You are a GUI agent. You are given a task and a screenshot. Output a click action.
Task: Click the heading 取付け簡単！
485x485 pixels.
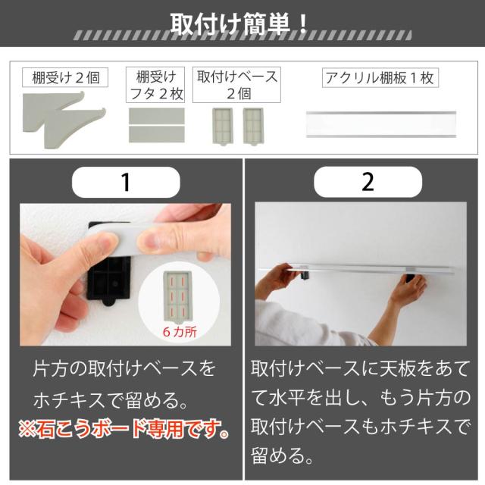click(x=239, y=23)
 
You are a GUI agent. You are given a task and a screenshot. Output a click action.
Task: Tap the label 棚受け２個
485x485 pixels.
click(x=65, y=77)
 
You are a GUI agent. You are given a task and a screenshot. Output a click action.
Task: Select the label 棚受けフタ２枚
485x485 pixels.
click(x=155, y=85)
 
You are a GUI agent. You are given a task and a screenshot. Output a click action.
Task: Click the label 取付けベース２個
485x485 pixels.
click(x=237, y=85)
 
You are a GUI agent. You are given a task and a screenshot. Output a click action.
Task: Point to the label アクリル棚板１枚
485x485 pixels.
click(x=380, y=77)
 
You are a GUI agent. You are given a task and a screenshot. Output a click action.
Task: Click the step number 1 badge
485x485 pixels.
click(x=126, y=182)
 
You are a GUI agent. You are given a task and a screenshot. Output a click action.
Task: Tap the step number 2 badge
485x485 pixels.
click(x=368, y=182)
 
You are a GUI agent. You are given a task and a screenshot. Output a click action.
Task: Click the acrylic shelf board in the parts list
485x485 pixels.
click(x=381, y=124)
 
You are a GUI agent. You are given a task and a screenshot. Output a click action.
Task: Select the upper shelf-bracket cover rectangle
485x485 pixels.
click(x=157, y=116)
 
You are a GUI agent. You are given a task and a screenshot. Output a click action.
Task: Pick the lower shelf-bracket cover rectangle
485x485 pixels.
click(x=157, y=135)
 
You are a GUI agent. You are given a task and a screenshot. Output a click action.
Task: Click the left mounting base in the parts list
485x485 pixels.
click(x=222, y=126)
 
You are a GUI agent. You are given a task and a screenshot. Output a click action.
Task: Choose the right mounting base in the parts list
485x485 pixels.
click(x=253, y=126)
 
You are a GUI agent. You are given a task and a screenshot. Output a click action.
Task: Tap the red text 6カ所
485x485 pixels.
click(x=180, y=332)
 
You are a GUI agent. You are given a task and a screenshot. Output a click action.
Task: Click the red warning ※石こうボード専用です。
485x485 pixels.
click(x=124, y=430)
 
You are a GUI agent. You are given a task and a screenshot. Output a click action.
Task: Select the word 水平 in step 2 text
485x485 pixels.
click(x=286, y=397)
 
